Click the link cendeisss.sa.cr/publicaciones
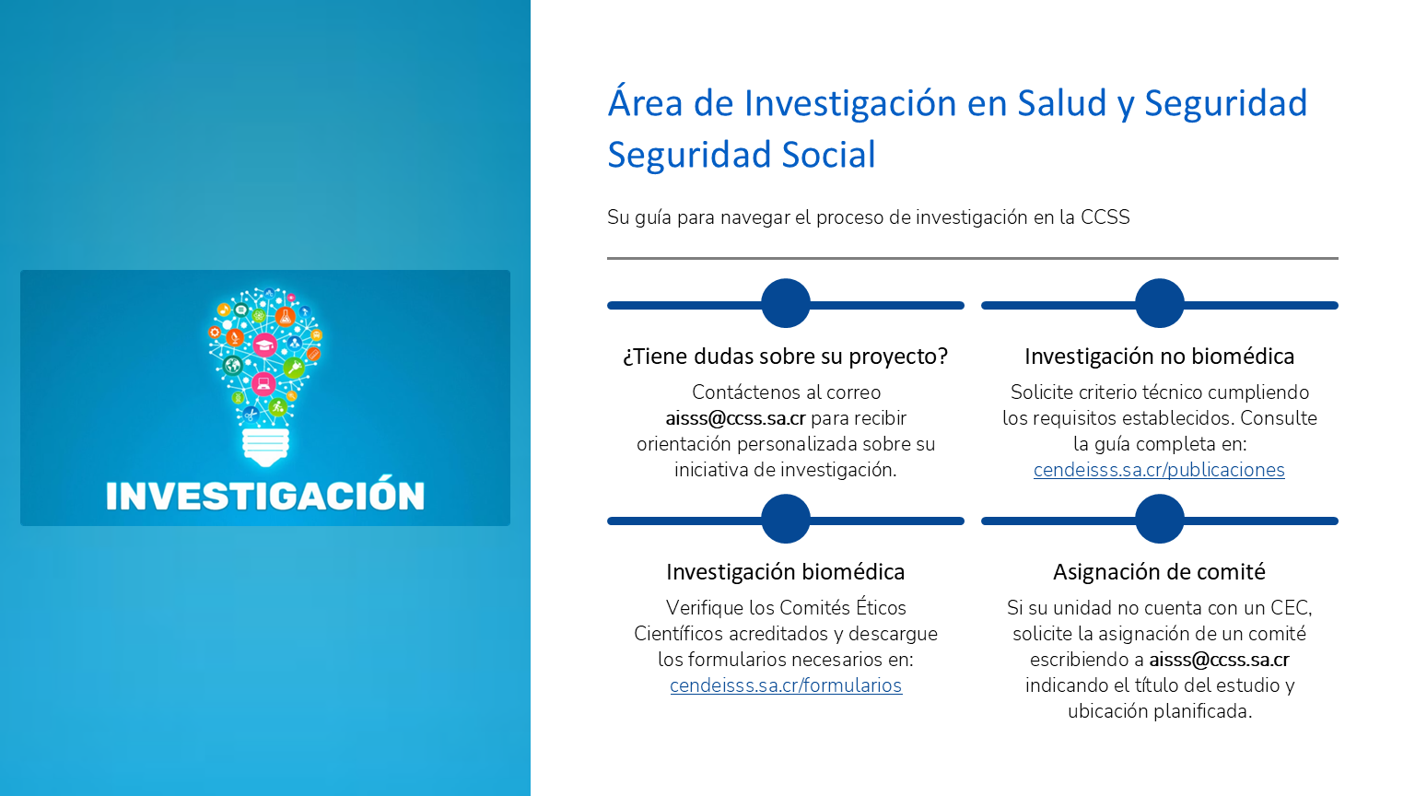click(1159, 471)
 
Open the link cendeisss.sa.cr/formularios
click(786, 686)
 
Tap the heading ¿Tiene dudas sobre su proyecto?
click(785, 357)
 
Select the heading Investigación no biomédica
click(1159, 357)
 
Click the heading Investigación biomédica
click(785, 572)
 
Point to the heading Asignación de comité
click(1159, 572)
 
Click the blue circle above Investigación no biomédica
click(1159, 303)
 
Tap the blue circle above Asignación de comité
click(1159, 519)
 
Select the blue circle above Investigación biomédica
click(785, 519)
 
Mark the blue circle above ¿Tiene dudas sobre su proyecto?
click(785, 303)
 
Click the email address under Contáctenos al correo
click(735, 419)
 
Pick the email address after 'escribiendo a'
click(1219, 661)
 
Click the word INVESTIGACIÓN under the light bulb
click(265, 496)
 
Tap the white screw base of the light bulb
click(266, 447)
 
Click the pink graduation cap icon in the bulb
click(264, 345)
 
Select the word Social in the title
click(828, 155)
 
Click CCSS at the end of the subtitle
click(1105, 217)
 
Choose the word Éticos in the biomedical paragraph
click(881, 607)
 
